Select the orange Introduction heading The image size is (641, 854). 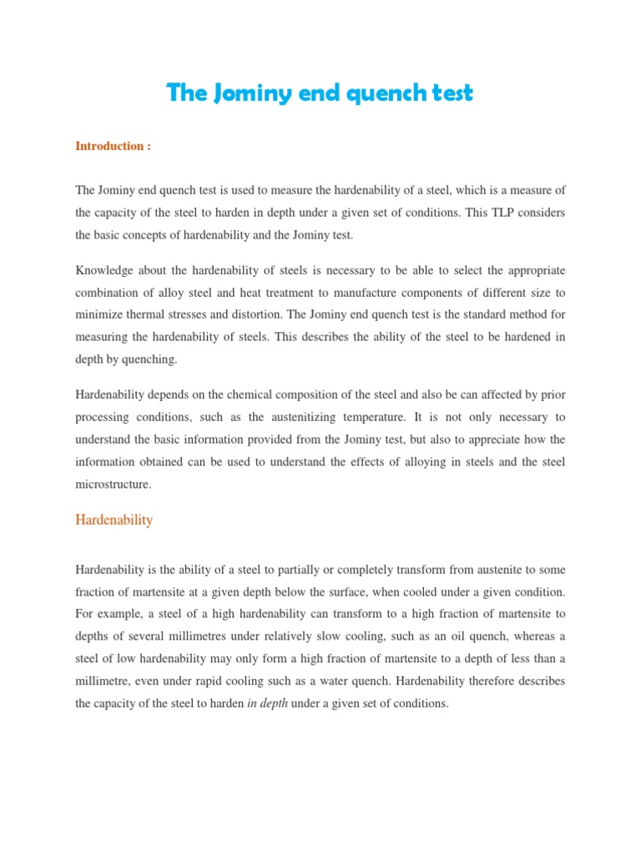[113, 146]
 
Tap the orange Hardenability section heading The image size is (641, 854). [114, 520]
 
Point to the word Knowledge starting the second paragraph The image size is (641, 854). [104, 271]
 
